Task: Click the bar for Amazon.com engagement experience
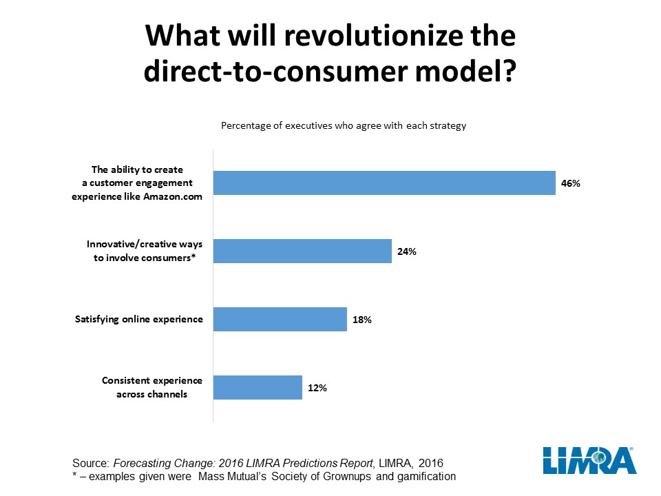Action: [x=384, y=183]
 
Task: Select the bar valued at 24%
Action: [x=302, y=251]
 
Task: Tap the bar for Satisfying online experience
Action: [x=280, y=320]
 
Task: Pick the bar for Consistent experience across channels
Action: [x=258, y=387]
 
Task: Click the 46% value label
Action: [x=571, y=184]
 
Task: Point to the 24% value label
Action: [x=407, y=251]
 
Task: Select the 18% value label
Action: [x=362, y=320]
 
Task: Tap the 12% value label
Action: [x=317, y=388]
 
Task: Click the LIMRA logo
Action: [x=589, y=459]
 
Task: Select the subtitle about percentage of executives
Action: [x=343, y=126]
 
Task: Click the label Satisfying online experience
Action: [x=138, y=320]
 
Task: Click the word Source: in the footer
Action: [x=91, y=462]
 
